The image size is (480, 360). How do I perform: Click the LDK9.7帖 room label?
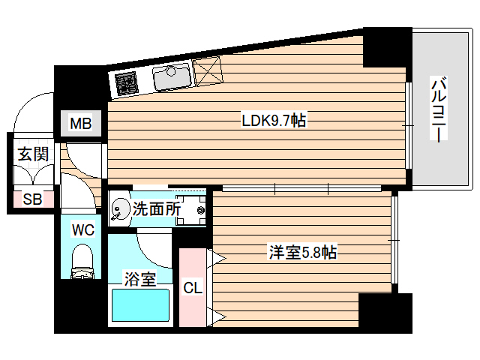click(x=273, y=120)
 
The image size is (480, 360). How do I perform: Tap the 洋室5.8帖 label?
click(x=302, y=253)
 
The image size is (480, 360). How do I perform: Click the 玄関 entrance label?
click(x=33, y=155)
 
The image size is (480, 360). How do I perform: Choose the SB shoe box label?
click(x=32, y=199)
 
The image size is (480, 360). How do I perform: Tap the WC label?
click(x=82, y=230)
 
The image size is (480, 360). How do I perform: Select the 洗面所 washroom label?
click(x=156, y=210)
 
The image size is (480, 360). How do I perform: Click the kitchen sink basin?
click(x=172, y=76)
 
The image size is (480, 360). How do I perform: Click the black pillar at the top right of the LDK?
click(x=386, y=47)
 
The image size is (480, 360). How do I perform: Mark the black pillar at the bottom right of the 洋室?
click(x=385, y=312)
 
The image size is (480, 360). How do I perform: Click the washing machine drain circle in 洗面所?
click(x=201, y=211)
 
